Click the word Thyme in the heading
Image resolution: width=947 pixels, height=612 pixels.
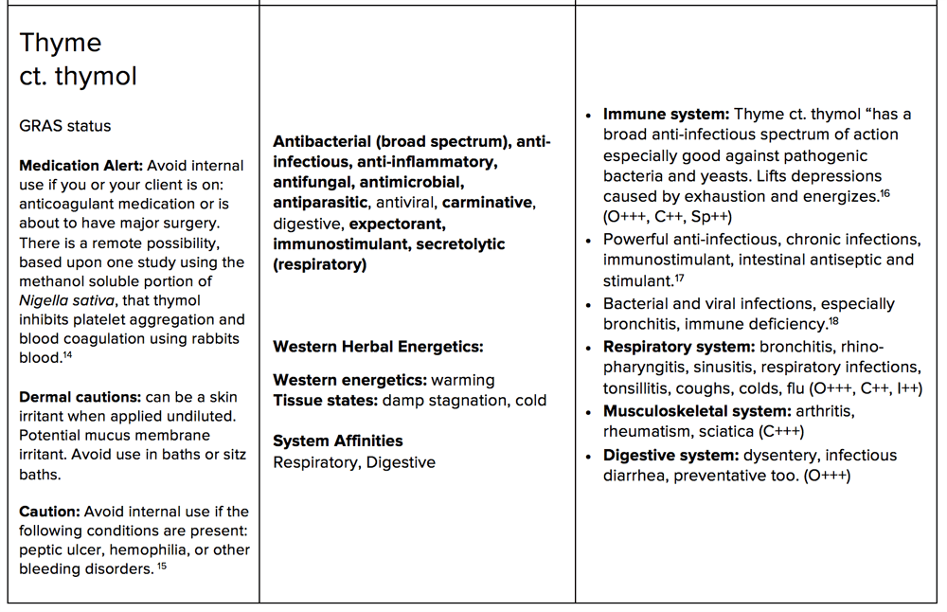click(x=61, y=43)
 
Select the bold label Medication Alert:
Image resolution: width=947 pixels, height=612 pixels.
click(x=81, y=166)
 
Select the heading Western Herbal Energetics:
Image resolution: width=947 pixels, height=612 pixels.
click(x=378, y=347)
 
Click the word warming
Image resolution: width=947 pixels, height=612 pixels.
click(x=462, y=380)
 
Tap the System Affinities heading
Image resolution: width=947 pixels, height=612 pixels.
click(x=337, y=441)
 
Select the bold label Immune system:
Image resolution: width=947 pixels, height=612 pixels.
click(x=666, y=115)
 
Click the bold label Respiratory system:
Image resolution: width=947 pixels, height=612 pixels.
click(x=679, y=346)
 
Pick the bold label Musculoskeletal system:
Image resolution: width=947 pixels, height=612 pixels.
click(x=696, y=411)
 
